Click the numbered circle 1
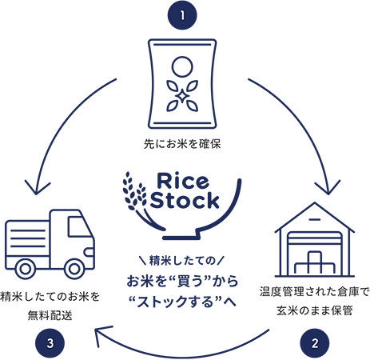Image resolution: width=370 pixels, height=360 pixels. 182,15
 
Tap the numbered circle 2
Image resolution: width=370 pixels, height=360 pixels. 315,343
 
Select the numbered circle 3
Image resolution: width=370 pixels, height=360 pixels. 50,343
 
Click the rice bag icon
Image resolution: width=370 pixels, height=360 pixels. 182,84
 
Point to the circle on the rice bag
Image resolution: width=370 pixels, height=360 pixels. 182,66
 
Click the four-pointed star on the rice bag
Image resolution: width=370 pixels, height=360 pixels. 182,96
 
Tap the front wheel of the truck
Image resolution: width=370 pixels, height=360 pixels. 74,269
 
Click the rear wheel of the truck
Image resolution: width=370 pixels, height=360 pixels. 26,269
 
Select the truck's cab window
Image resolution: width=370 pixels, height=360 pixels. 79,227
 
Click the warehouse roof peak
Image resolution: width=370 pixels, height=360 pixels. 315,203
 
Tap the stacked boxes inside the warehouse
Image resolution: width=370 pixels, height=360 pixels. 314,263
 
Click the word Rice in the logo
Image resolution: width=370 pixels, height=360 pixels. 183,181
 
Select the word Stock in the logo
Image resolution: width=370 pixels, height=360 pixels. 185,200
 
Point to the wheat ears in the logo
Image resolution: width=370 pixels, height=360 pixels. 134,192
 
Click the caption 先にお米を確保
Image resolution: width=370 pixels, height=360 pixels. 182,144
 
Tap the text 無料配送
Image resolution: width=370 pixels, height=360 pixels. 50,316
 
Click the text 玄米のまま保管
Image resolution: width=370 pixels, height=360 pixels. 315,311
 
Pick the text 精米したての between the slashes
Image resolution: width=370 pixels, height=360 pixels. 182,261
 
